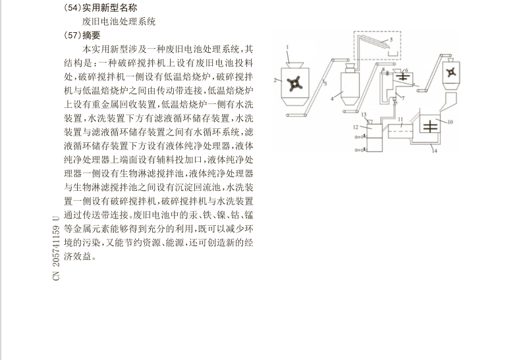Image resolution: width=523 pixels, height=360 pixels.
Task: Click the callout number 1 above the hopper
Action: click(x=287, y=47)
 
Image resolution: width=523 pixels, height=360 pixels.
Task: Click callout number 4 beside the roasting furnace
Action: click(x=332, y=99)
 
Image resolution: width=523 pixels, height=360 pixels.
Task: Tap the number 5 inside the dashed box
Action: click(x=391, y=39)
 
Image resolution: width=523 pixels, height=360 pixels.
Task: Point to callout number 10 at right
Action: click(x=450, y=122)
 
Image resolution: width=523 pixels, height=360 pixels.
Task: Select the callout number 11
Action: click(x=400, y=119)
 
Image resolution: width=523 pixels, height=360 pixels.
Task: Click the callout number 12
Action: click(x=356, y=127)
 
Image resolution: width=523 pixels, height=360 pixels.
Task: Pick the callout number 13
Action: click(x=364, y=115)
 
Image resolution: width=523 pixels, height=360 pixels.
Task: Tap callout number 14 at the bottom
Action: click(x=435, y=151)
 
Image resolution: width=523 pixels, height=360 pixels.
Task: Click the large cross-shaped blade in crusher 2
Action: click(x=295, y=84)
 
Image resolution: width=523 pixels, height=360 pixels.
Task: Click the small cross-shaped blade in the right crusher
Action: click(x=451, y=72)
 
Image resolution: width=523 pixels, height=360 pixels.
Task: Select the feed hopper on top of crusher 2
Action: click(x=295, y=64)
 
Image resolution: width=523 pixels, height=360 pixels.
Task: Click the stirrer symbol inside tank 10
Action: click(x=430, y=126)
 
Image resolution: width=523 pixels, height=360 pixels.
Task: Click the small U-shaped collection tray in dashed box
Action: click(x=393, y=54)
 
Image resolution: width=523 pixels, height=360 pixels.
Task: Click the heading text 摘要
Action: click(x=91, y=36)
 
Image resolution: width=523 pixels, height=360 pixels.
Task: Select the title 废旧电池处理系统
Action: click(x=119, y=22)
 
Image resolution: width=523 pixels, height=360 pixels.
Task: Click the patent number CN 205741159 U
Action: click(x=56, y=248)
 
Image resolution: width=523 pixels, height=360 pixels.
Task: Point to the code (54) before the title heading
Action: click(x=72, y=8)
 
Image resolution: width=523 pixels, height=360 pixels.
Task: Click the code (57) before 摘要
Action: click(x=72, y=36)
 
